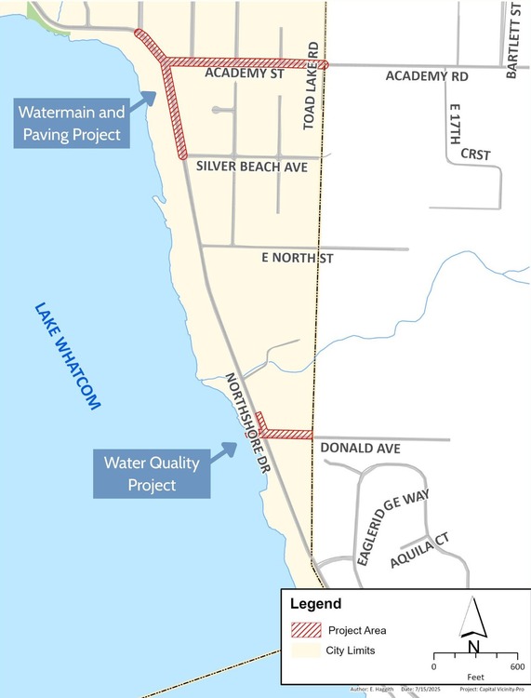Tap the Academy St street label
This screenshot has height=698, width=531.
244,74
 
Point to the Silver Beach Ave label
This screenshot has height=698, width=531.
251,166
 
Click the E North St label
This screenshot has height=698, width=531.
297,257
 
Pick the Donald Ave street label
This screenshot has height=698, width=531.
360,449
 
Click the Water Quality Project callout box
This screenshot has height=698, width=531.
139,473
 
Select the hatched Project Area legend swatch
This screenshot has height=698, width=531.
305,631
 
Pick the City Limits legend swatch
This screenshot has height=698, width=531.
305,649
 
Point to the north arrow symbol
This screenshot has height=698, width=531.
474,623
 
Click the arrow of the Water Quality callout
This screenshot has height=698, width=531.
223,450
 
